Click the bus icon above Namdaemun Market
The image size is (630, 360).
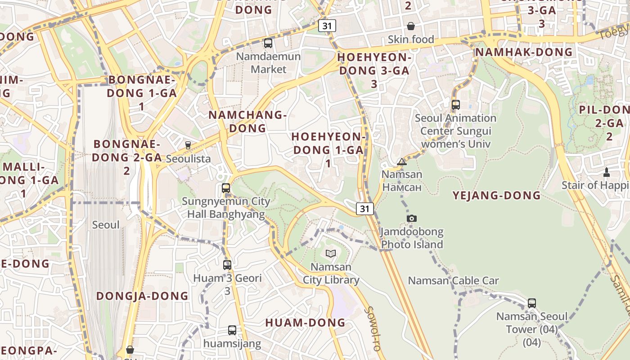268,43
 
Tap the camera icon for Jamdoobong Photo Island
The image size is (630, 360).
411,218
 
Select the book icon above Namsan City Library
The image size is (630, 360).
331,253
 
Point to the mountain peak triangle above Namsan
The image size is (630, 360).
402,162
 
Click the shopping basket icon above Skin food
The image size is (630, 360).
411,26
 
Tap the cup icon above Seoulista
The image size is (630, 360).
188,145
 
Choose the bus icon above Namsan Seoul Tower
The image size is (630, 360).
532,303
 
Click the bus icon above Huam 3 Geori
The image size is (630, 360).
227,265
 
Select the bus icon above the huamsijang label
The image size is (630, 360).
232,330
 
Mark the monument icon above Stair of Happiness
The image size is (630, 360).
607,172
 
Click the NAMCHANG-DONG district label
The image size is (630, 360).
247,121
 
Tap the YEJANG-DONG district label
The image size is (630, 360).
496,195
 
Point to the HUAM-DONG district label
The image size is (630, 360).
305,323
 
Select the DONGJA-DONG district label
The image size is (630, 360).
142,296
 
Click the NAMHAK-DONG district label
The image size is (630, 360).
524,52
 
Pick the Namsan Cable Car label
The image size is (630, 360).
453,281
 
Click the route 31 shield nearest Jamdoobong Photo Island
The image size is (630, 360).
364,208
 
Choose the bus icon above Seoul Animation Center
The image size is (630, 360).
456,105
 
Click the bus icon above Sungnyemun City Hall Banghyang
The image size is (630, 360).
226,188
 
